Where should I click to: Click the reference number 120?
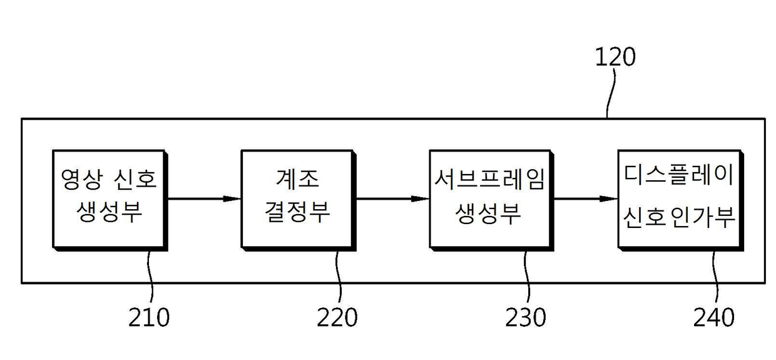(615, 57)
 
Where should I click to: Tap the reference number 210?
(149, 317)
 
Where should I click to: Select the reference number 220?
(337, 317)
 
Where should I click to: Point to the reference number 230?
(526, 317)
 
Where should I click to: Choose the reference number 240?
(714, 317)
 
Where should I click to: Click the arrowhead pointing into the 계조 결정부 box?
(232, 199)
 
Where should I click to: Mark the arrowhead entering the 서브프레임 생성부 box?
(421, 199)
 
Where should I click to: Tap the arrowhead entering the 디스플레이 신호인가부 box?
(609, 199)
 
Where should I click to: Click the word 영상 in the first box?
(81, 179)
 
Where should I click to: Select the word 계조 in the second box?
(298, 179)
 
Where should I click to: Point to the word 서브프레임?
(489, 179)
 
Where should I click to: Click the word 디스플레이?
(680, 175)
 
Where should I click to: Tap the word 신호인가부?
(680, 218)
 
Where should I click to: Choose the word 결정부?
(298, 212)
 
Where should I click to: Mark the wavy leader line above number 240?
(715, 277)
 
